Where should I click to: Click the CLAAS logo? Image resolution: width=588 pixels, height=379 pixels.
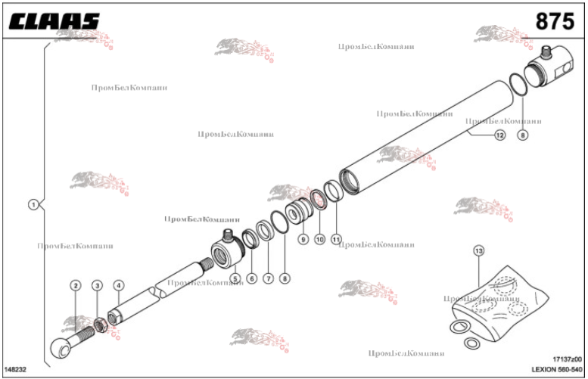(x=54, y=20)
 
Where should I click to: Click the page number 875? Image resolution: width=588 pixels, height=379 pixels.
(x=554, y=21)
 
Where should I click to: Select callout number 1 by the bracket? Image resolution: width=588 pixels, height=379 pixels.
(x=33, y=204)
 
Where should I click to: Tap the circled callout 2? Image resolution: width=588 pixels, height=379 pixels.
(x=76, y=285)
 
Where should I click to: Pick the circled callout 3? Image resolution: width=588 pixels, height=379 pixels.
(x=97, y=285)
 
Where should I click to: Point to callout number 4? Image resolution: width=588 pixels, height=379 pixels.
(x=118, y=285)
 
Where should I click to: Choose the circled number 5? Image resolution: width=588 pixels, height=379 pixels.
(x=235, y=278)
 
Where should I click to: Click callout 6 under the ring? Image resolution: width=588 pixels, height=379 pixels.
(x=251, y=278)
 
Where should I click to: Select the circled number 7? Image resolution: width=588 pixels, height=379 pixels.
(x=268, y=278)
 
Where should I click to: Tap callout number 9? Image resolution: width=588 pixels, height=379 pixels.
(x=302, y=239)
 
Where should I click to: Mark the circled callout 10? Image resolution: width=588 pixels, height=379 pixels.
(x=319, y=239)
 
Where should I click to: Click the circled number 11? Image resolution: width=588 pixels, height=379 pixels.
(x=336, y=239)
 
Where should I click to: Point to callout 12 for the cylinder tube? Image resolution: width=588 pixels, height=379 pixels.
(x=499, y=135)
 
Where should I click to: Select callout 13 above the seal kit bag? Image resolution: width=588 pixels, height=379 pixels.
(x=478, y=250)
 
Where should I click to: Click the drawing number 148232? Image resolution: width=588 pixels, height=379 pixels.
(x=17, y=369)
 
